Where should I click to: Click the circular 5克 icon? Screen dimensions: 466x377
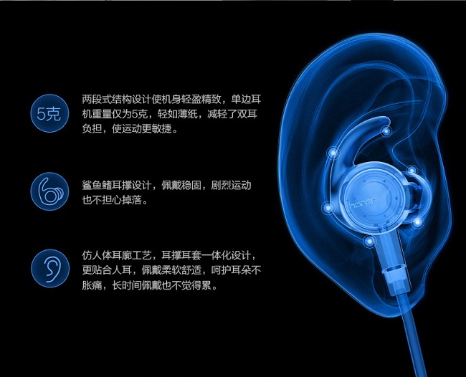click(x=49, y=113)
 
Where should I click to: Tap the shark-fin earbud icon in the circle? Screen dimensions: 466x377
click(x=49, y=191)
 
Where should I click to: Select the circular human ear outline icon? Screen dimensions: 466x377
click(x=49, y=268)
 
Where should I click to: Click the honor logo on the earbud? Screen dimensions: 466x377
click(x=363, y=203)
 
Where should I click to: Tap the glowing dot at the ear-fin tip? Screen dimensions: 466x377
click(x=386, y=130)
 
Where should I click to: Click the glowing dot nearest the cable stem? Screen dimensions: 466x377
click(x=369, y=242)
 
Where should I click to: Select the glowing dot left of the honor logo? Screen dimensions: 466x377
click(x=328, y=207)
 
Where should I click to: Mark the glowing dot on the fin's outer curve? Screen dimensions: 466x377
click(x=333, y=153)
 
